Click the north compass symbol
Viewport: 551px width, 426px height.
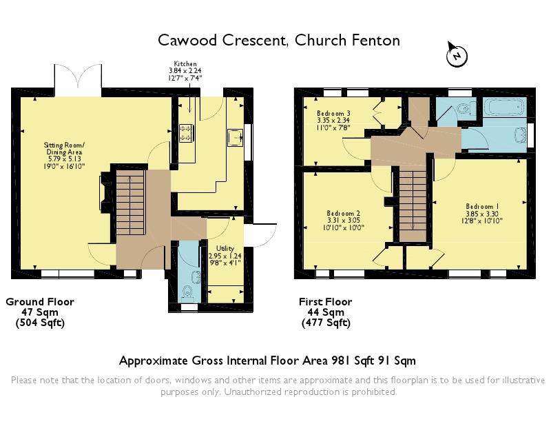pyautogui.click(x=455, y=54)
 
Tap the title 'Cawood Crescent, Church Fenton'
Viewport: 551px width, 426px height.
pyautogui.click(x=279, y=40)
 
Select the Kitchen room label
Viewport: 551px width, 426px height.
pyautogui.click(x=185, y=70)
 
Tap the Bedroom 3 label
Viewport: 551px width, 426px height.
pyautogui.click(x=334, y=120)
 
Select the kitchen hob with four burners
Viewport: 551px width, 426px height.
pyautogui.click(x=186, y=132)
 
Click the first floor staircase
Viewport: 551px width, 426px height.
pyautogui.click(x=413, y=203)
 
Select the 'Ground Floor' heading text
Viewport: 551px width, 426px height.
pyautogui.click(x=40, y=302)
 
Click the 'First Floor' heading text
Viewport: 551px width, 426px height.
pyautogui.click(x=325, y=302)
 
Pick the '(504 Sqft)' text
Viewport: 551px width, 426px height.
pyautogui.click(x=40, y=323)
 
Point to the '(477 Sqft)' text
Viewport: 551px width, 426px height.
pyautogui.click(x=325, y=323)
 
